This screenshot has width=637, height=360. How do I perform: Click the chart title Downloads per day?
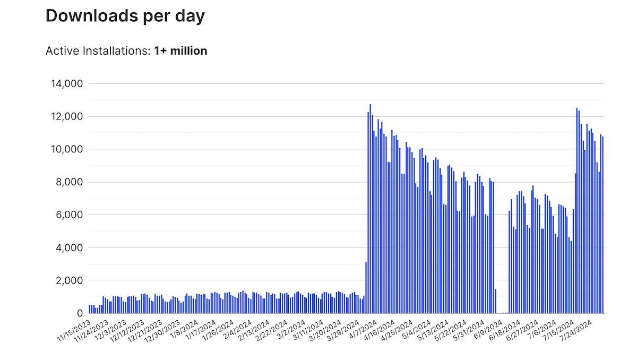(125, 16)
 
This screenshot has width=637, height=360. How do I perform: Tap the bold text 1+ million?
(180, 51)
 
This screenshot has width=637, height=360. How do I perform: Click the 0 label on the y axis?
(80, 313)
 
